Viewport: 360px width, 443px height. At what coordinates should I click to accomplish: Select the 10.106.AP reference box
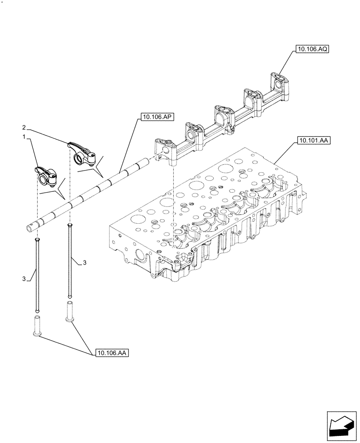tap(158, 117)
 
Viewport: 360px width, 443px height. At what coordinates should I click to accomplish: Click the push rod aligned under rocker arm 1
tap(37, 275)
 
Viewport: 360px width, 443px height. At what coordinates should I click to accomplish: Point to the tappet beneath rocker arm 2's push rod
tap(69, 312)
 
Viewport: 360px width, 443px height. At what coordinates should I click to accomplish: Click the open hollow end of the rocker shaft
tap(29, 228)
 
